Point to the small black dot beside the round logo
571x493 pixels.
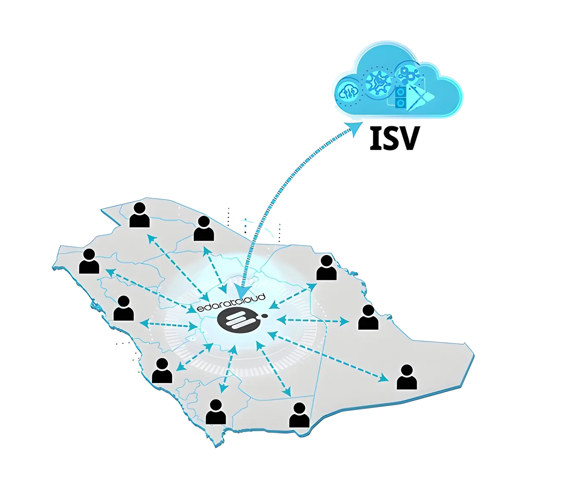click(264, 315)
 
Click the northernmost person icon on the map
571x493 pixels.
click(140, 214)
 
